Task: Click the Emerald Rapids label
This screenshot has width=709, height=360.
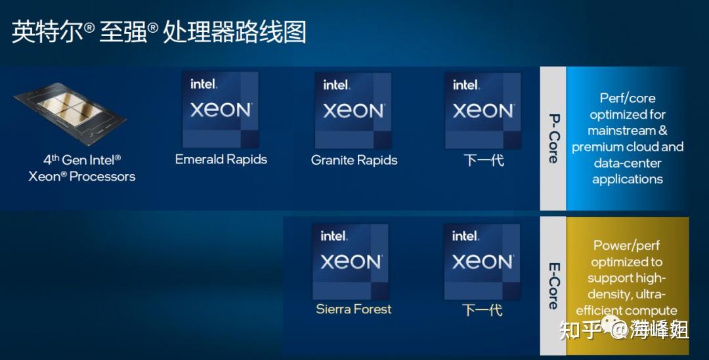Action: [x=221, y=160]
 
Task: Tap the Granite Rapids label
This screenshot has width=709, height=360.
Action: [x=354, y=160]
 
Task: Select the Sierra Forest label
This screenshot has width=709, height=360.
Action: [x=353, y=309]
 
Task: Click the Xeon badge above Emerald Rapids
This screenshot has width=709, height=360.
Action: [x=221, y=110]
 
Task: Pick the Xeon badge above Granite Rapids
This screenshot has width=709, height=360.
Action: [x=353, y=110]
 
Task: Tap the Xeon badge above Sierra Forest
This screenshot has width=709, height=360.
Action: [x=351, y=261]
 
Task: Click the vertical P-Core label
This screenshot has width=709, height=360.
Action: [x=553, y=138]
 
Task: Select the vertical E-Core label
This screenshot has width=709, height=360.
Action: [x=553, y=286]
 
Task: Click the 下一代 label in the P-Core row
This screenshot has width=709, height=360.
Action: [x=484, y=160]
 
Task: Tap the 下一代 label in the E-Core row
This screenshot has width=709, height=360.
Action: [x=483, y=309]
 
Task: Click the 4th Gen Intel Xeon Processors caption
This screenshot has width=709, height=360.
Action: [x=82, y=168]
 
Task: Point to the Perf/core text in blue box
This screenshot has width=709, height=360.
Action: [x=628, y=98]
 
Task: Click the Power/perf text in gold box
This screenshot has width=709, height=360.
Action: [x=627, y=246]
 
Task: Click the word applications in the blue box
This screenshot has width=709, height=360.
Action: [x=628, y=179]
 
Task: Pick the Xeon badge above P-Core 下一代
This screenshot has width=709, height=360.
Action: [x=483, y=110]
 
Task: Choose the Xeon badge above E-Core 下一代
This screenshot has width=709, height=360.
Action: [x=482, y=261]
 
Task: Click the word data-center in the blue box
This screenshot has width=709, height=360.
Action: [x=628, y=163]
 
